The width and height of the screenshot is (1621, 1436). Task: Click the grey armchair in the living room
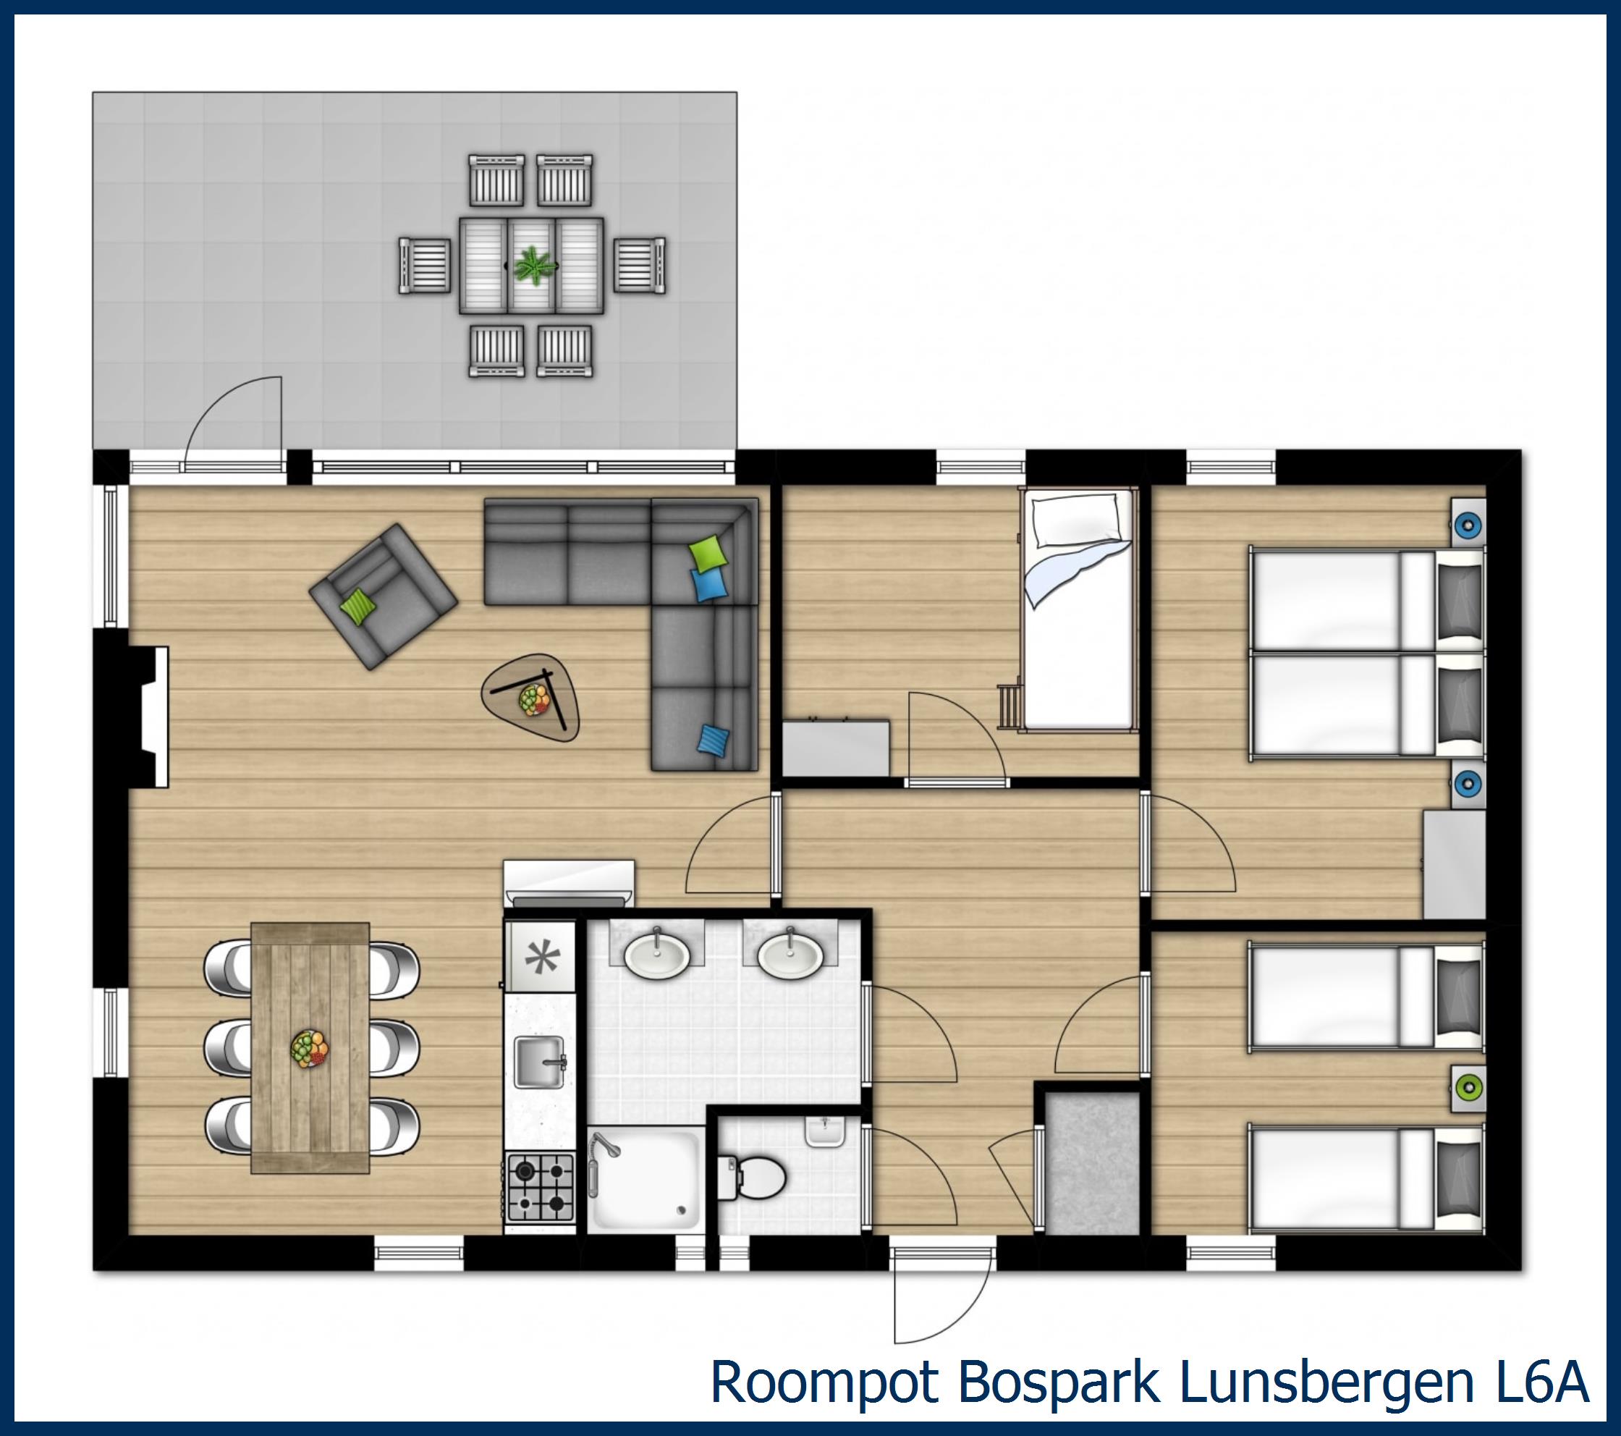click(383, 595)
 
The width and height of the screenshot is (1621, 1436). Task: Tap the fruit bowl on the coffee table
click(534, 700)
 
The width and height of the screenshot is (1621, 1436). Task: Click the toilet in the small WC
click(752, 1177)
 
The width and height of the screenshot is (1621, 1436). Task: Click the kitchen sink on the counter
click(539, 1063)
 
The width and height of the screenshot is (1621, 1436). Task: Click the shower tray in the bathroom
click(646, 1181)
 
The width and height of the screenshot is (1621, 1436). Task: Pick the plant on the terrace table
click(532, 265)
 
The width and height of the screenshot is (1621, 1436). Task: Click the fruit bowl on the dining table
click(309, 1047)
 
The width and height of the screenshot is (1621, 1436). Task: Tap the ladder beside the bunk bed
click(1010, 704)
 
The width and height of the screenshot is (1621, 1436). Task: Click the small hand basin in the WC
click(825, 1131)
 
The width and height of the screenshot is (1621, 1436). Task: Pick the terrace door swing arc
click(233, 421)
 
